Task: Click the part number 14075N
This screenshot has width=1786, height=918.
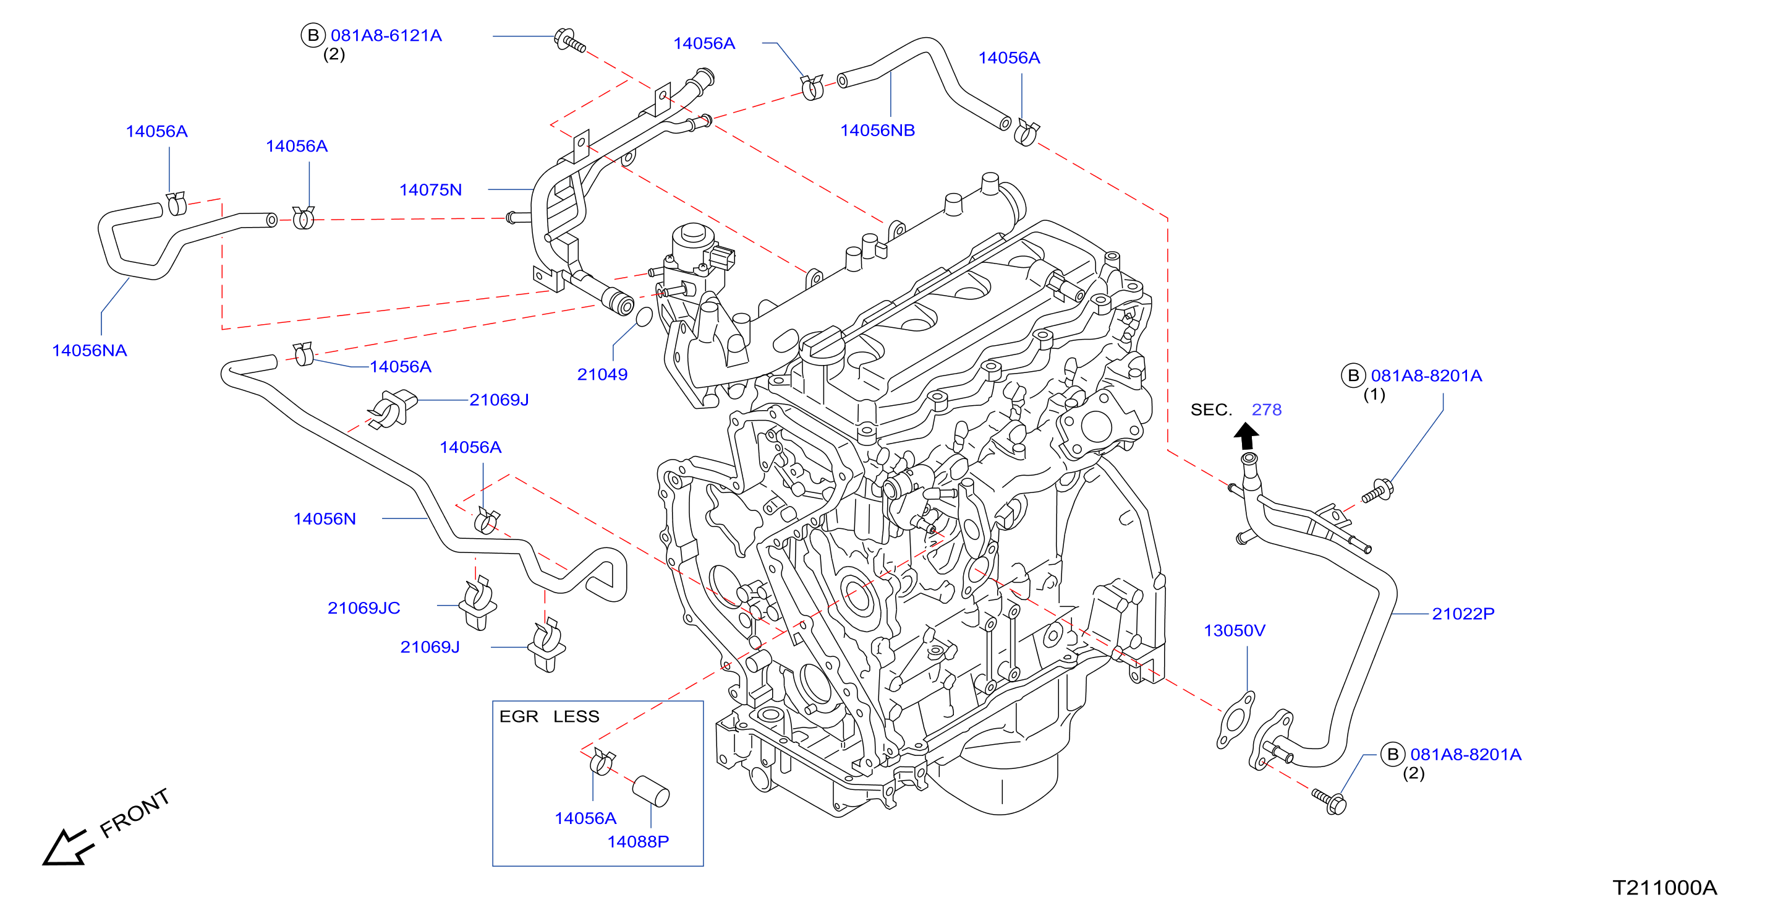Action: (430, 189)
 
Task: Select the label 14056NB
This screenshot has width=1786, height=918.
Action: (877, 130)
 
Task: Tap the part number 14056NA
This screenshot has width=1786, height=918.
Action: (90, 350)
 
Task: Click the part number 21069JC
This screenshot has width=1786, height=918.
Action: (364, 608)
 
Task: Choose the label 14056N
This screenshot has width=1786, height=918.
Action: (325, 519)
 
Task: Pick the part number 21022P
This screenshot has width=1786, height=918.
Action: (1463, 614)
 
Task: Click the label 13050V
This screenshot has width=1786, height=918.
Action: (1234, 631)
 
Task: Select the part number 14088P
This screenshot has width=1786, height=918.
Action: (638, 842)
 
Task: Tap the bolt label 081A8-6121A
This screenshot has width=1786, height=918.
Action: (386, 35)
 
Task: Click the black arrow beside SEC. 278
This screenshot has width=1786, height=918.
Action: (1246, 437)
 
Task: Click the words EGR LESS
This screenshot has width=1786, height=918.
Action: (549, 717)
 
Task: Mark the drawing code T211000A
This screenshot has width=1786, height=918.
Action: (1664, 888)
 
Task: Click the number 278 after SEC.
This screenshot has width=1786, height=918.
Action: (1266, 410)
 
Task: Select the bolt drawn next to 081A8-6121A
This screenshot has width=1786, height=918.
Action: (570, 40)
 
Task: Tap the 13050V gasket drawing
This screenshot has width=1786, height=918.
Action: (1236, 719)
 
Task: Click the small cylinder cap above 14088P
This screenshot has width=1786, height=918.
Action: (651, 792)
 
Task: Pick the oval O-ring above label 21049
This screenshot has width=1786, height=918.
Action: (644, 318)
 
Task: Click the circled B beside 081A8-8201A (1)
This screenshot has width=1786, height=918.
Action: (1353, 375)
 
